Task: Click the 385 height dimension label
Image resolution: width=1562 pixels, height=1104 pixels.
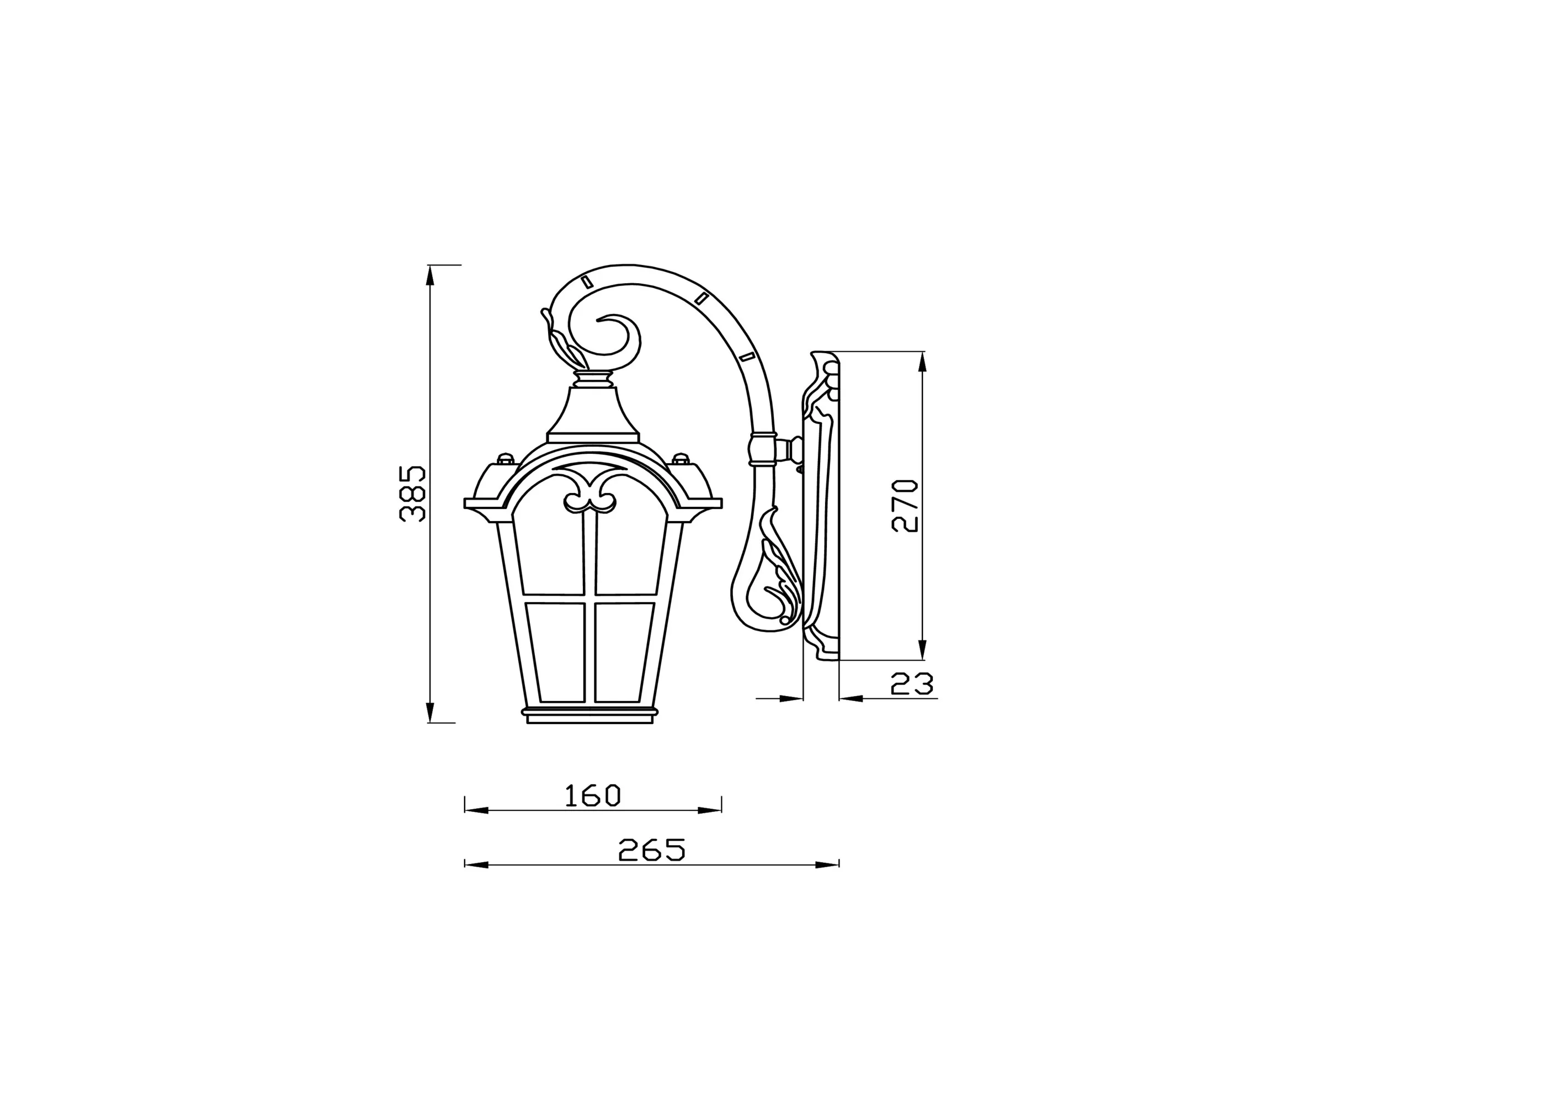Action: [412, 494]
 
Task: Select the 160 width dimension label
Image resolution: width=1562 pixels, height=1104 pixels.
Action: [593, 795]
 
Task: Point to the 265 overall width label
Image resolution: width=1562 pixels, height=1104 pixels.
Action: [651, 850]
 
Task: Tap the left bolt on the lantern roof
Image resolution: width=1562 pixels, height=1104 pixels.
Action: [505, 458]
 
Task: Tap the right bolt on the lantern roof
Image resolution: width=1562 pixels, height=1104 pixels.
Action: [681, 458]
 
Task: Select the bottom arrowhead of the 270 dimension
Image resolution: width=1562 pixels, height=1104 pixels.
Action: [922, 650]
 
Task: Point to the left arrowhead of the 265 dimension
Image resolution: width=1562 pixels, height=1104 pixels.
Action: [475, 864]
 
